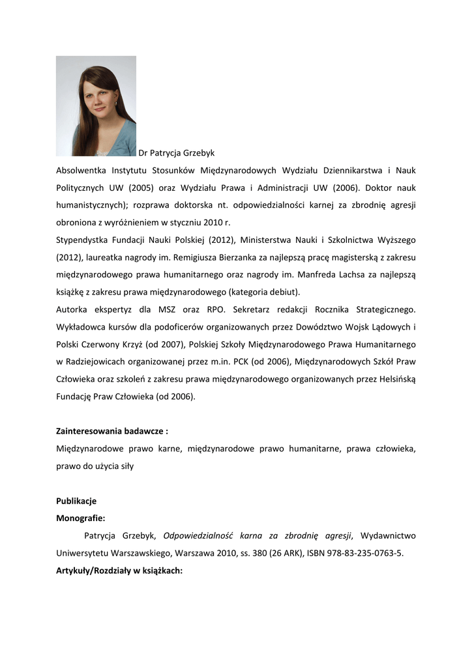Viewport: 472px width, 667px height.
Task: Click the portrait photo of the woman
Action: tap(96, 106)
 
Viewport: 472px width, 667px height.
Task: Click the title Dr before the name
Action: tap(143, 153)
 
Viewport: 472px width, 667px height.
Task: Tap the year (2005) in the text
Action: tap(141, 188)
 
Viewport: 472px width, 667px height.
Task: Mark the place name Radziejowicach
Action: tap(100, 361)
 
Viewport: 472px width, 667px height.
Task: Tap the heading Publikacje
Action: tap(76, 501)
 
